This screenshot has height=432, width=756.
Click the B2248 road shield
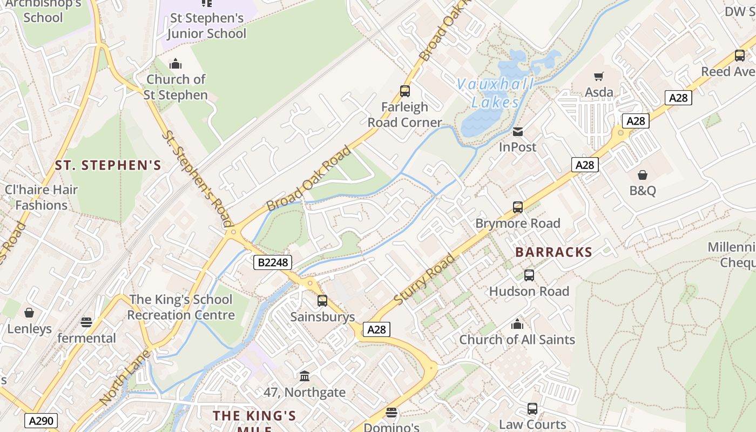(x=273, y=262)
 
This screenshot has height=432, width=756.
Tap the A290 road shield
(x=41, y=421)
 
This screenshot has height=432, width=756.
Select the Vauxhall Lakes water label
(x=495, y=93)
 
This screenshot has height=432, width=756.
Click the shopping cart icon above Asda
(x=598, y=76)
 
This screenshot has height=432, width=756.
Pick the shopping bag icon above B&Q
(x=643, y=175)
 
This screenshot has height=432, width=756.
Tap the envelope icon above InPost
(x=518, y=131)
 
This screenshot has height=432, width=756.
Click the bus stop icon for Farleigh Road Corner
(x=404, y=91)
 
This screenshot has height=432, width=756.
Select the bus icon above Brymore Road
(x=518, y=207)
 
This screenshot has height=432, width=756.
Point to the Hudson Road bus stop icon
(x=529, y=275)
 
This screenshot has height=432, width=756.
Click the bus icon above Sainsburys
(x=322, y=301)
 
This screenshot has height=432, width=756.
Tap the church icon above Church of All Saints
(x=517, y=324)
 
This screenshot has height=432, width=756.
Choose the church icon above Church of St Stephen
(x=175, y=64)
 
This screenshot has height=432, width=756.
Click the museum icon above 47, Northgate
(x=305, y=376)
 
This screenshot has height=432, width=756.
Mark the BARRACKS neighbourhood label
(x=553, y=252)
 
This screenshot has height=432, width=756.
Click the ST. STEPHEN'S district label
(x=108, y=165)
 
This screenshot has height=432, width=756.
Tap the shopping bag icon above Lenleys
(x=29, y=313)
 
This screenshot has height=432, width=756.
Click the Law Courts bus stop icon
(x=532, y=409)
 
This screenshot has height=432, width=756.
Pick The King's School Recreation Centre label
(x=181, y=307)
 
